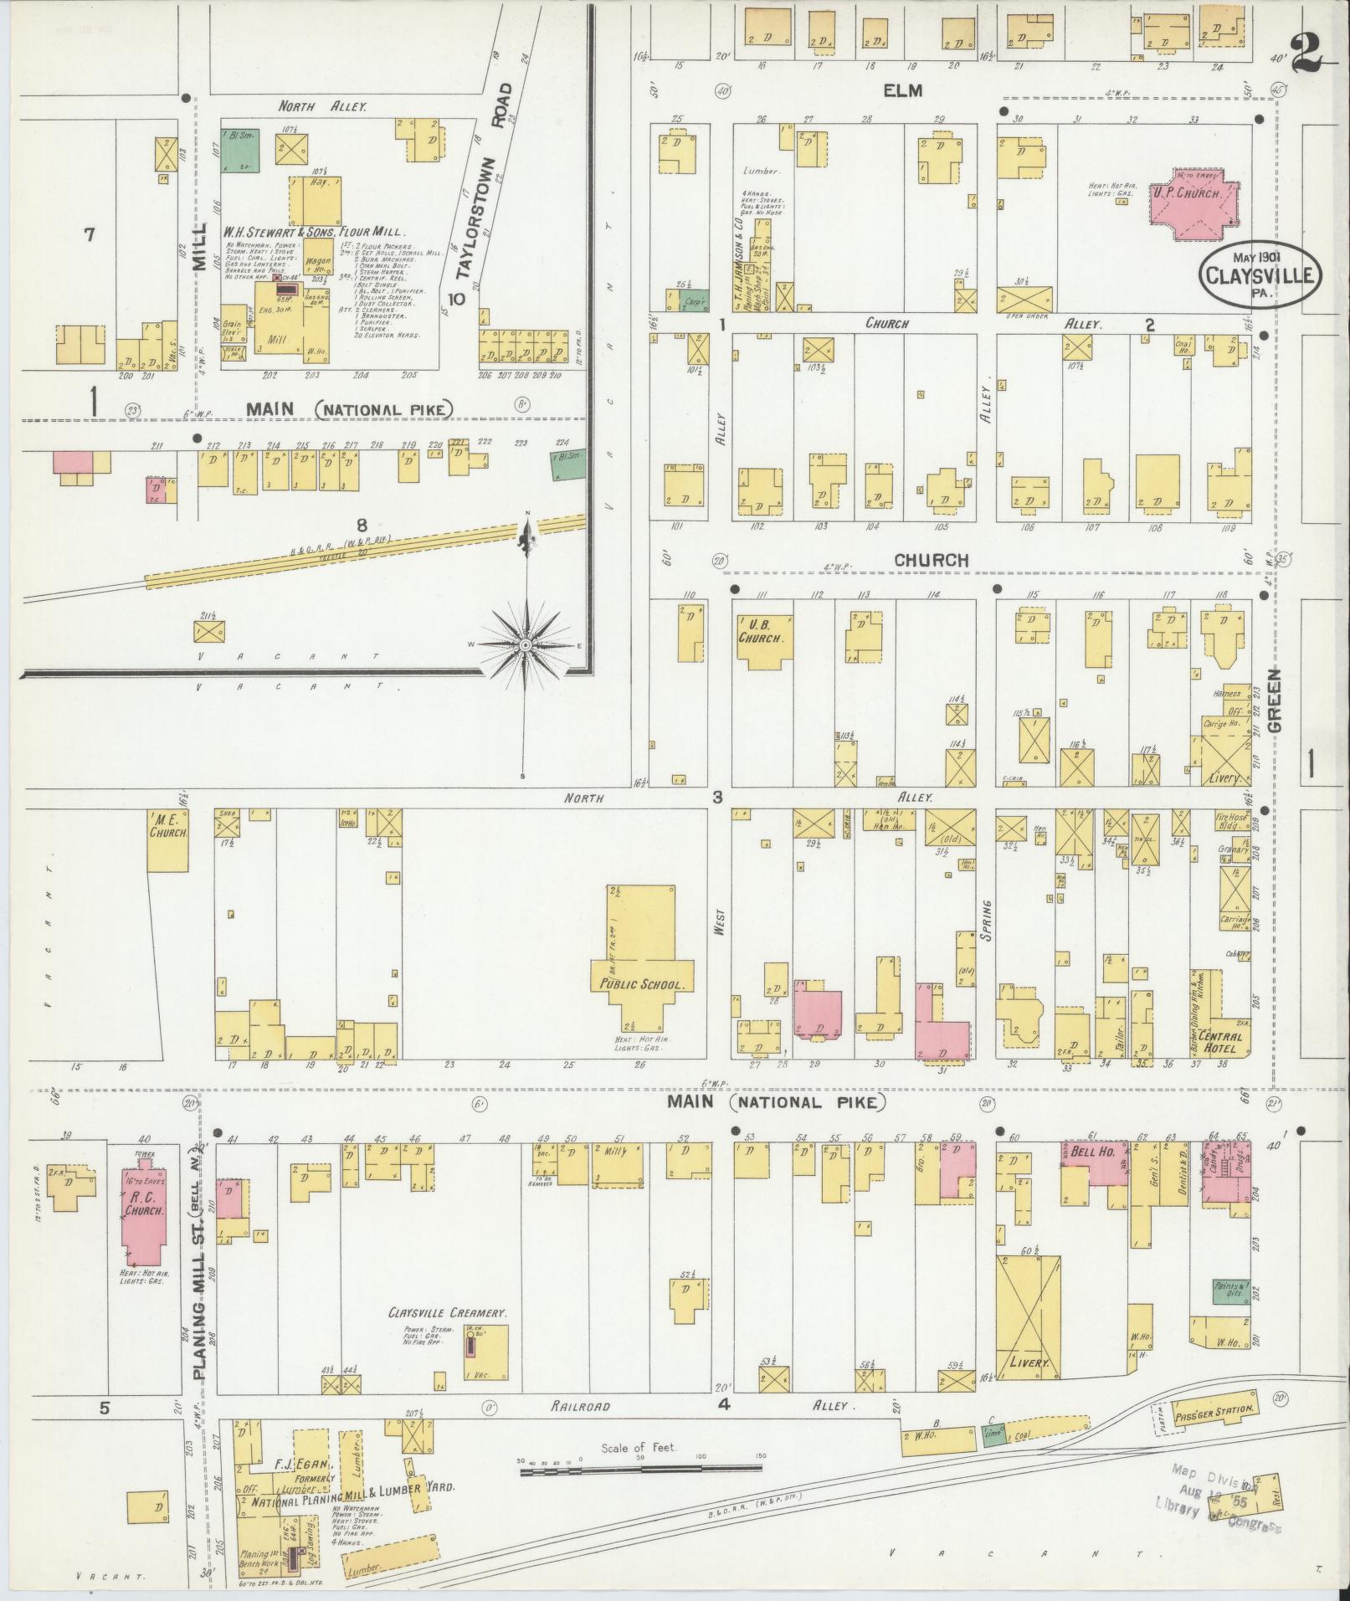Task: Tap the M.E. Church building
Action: (x=168, y=839)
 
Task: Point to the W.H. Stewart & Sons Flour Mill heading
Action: (x=313, y=232)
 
